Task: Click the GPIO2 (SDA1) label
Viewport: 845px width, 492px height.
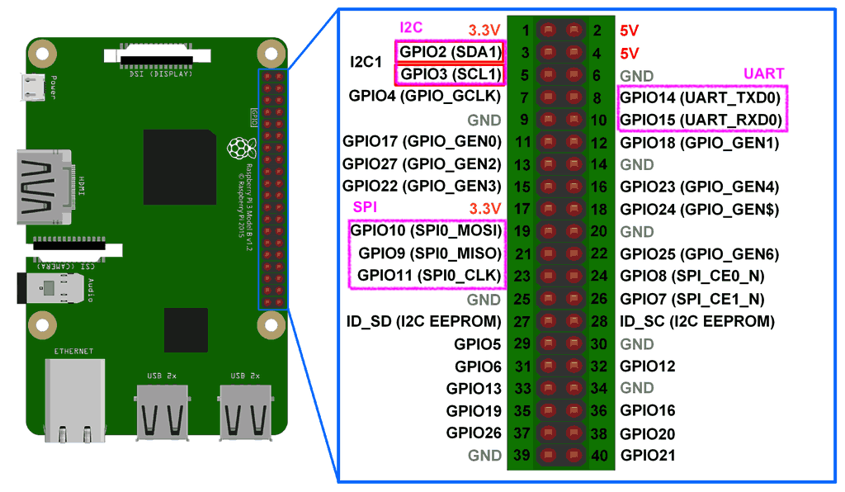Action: click(x=451, y=52)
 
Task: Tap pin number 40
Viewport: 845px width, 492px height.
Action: click(x=601, y=455)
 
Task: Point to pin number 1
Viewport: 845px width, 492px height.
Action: click(x=526, y=31)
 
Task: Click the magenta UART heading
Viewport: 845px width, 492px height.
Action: click(x=763, y=73)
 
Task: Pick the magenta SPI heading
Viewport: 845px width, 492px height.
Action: click(x=366, y=205)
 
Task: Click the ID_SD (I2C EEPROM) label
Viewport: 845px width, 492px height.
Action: click(x=424, y=321)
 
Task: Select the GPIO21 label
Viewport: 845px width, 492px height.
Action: click(x=648, y=456)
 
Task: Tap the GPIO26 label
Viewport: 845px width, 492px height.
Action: click(x=474, y=433)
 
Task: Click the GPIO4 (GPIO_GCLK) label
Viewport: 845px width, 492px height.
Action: click(x=425, y=97)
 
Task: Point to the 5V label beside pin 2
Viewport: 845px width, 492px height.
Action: click(x=629, y=31)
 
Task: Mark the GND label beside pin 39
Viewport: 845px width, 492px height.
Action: click(x=484, y=455)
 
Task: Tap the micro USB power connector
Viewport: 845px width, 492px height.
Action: click(x=33, y=85)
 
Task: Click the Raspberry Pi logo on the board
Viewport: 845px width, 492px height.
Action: click(x=239, y=149)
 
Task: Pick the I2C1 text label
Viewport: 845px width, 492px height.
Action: click(x=366, y=62)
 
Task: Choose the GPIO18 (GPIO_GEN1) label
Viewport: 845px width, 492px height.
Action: click(x=699, y=143)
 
